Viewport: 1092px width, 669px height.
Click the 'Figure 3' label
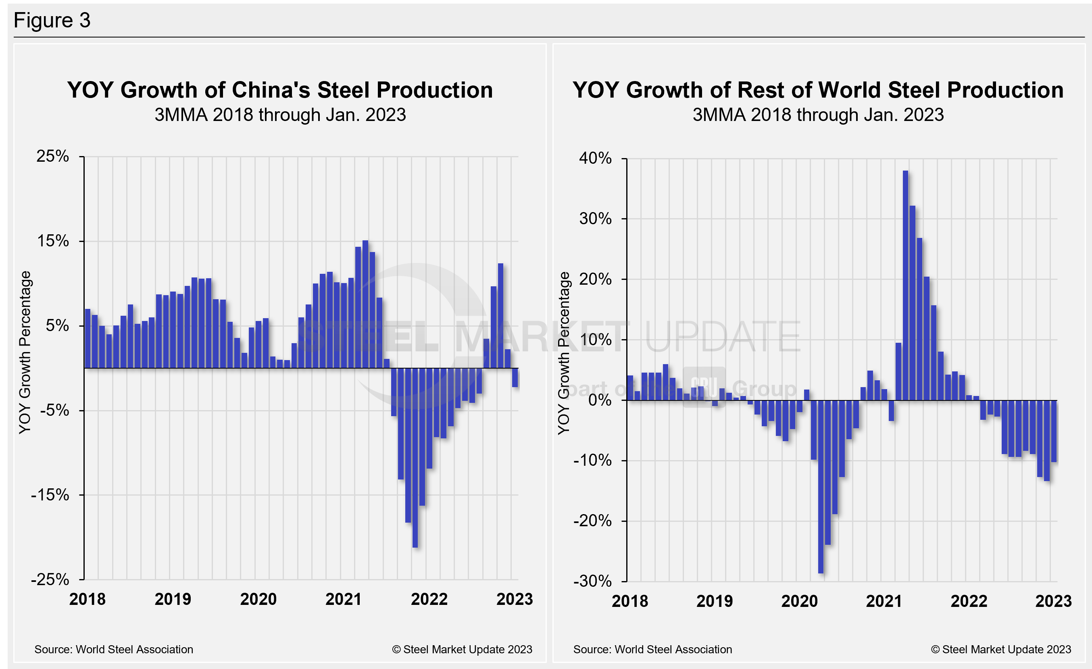[52, 21]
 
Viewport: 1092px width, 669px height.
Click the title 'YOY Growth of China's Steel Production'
[280, 90]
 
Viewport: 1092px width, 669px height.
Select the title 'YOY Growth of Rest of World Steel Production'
[818, 90]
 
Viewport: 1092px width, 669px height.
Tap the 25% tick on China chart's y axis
[53, 156]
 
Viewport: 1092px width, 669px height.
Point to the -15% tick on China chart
[50, 495]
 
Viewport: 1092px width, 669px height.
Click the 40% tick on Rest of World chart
[595, 158]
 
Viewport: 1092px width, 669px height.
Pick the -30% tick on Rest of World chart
[592, 581]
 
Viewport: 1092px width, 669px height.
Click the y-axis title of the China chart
[25, 352]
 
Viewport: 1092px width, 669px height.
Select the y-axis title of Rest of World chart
[563, 353]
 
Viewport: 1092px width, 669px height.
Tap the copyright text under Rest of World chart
[1001, 650]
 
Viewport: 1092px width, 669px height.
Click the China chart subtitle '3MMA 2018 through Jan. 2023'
[280, 115]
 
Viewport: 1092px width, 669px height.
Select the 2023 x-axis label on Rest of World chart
[1053, 601]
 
